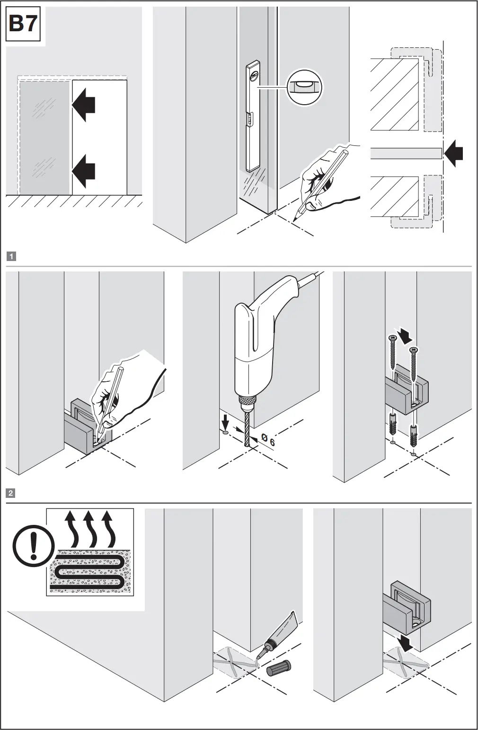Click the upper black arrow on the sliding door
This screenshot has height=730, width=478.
(84, 105)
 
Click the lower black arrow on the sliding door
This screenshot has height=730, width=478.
(84, 169)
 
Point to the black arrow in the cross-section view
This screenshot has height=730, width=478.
(454, 153)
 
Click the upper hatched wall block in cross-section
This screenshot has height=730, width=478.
(395, 95)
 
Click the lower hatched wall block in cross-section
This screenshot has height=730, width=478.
(395, 197)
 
